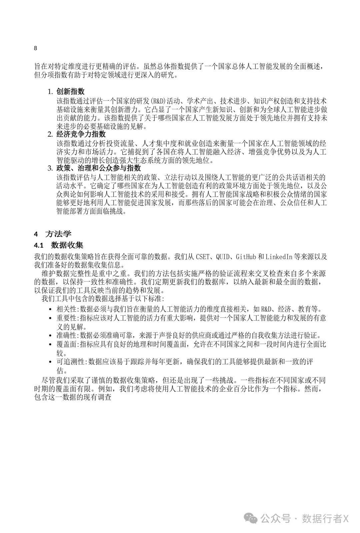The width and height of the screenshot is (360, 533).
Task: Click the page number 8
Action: click(x=36, y=48)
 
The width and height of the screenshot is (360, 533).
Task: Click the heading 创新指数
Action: click(x=70, y=92)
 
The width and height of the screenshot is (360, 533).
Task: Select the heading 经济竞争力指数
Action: click(x=81, y=134)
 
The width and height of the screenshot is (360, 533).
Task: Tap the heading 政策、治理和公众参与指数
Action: click(x=99, y=168)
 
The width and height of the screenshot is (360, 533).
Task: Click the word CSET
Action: click(x=203, y=257)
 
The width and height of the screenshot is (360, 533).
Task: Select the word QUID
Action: click(x=222, y=257)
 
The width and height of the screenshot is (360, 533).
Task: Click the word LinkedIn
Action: click(x=279, y=257)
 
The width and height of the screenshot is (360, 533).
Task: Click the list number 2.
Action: click(x=50, y=134)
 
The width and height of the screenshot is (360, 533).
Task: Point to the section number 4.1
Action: click(x=39, y=246)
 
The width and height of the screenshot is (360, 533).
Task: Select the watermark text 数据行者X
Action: click(x=325, y=519)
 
